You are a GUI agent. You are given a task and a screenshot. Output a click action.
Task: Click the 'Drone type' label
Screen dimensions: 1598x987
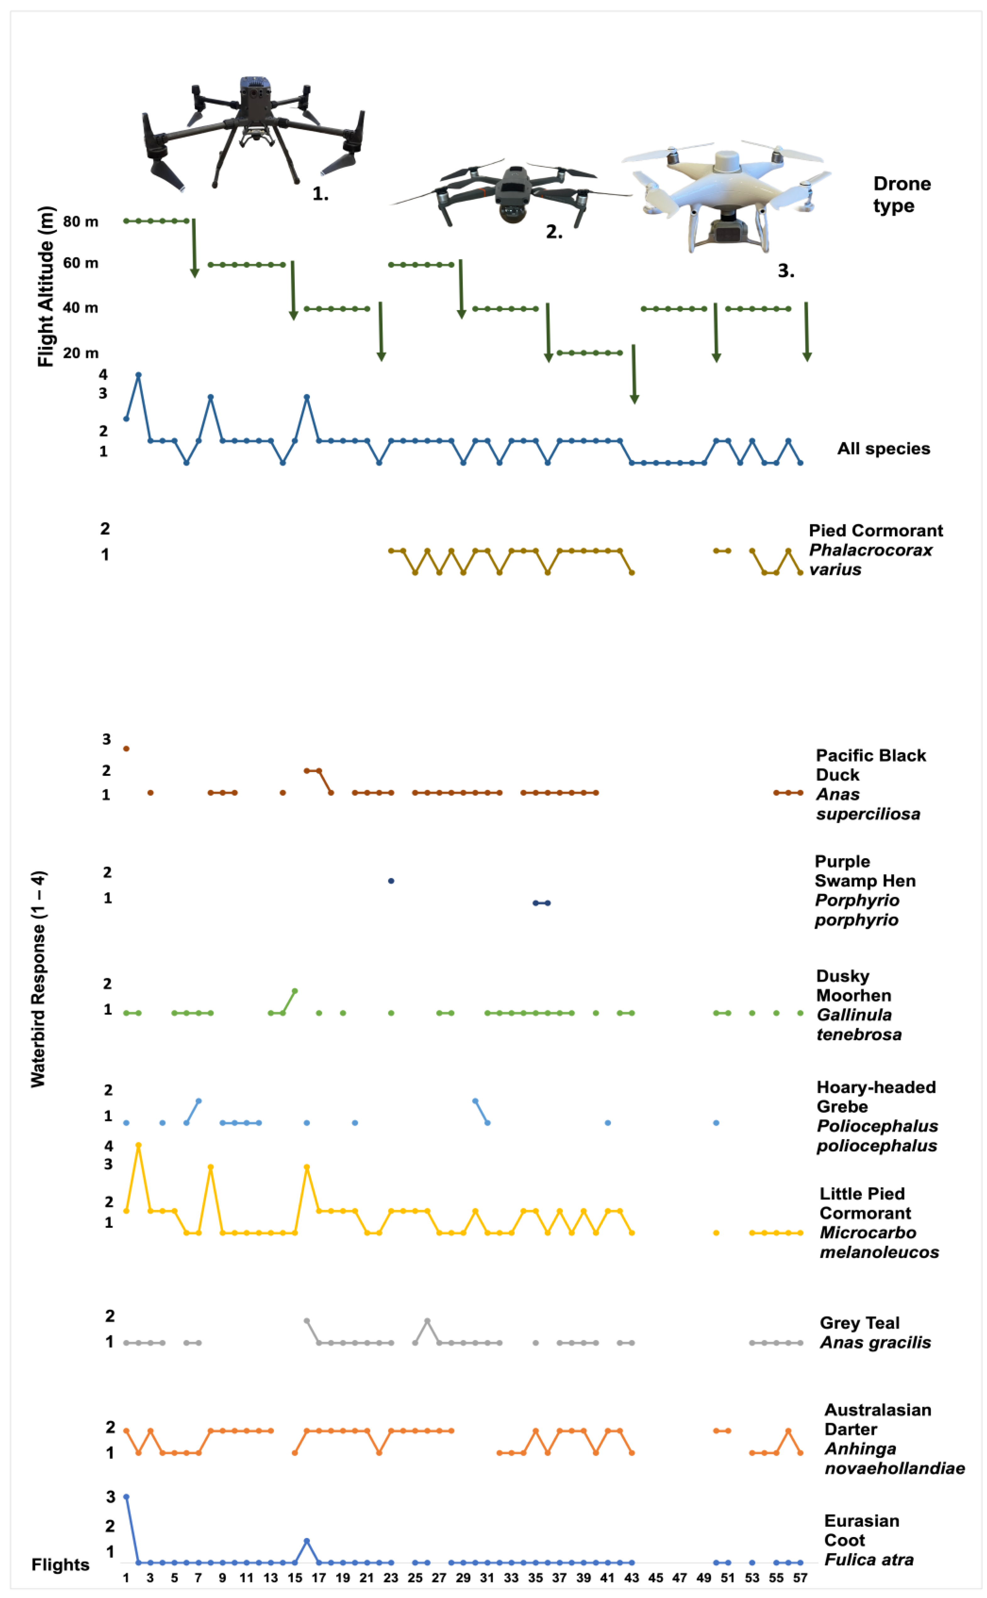click(902, 194)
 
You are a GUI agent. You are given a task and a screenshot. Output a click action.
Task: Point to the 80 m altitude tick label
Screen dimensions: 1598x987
click(80, 222)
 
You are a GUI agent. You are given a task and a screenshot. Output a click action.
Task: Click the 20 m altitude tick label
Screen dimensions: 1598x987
click(80, 353)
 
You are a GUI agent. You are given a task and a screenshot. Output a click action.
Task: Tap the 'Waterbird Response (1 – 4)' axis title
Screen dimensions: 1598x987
click(38, 979)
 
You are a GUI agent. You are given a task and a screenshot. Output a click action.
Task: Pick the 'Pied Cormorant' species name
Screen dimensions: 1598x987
click(875, 531)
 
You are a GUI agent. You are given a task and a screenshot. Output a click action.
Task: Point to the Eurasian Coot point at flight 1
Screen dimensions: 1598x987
click(126, 1497)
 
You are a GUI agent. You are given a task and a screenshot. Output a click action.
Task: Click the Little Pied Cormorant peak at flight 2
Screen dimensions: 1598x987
click(138, 1145)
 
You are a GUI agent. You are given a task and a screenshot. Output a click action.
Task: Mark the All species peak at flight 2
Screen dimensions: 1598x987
click(138, 375)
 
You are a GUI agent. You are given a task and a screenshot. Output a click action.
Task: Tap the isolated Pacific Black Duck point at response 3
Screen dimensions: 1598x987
click(126, 749)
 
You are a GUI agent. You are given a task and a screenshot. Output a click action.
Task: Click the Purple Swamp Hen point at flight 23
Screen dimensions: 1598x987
click(391, 881)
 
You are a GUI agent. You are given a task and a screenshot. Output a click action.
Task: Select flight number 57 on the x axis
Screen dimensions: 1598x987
click(800, 1578)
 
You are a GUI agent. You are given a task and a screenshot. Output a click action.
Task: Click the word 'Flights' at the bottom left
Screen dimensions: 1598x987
click(60, 1565)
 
